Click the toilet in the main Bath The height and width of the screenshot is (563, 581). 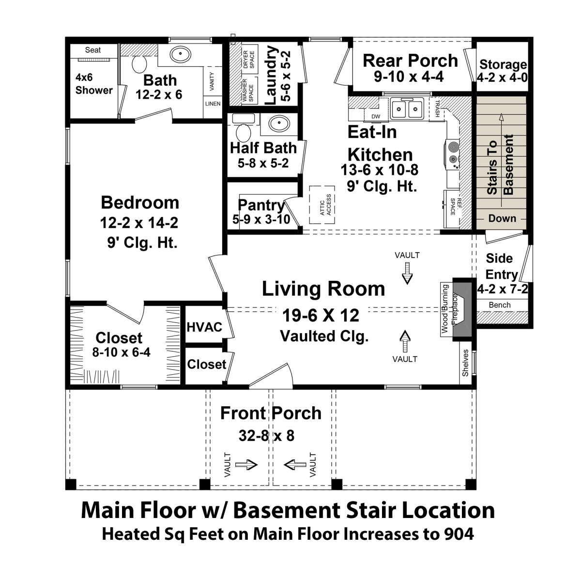pyautogui.click(x=139, y=64)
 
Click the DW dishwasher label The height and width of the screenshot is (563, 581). pyautogui.click(x=376, y=116)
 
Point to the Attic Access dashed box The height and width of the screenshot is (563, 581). pyautogui.click(x=321, y=205)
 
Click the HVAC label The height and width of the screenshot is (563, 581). pyautogui.click(x=204, y=327)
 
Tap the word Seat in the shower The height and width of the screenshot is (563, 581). pyautogui.click(x=93, y=50)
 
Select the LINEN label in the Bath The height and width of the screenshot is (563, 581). pyautogui.click(x=213, y=104)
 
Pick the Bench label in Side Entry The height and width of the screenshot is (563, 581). pyautogui.click(x=500, y=305)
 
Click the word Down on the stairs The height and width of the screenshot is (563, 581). pyautogui.click(x=502, y=218)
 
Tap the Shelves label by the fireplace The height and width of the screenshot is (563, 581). pyautogui.click(x=465, y=363)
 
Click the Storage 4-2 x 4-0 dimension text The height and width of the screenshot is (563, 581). pyautogui.click(x=502, y=78)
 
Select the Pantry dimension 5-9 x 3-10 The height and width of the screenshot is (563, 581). pyautogui.click(x=261, y=219)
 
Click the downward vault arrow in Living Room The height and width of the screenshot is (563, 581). pyautogui.click(x=407, y=273)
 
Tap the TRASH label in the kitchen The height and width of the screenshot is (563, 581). pyautogui.click(x=437, y=108)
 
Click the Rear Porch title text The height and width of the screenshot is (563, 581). pyautogui.click(x=410, y=61)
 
